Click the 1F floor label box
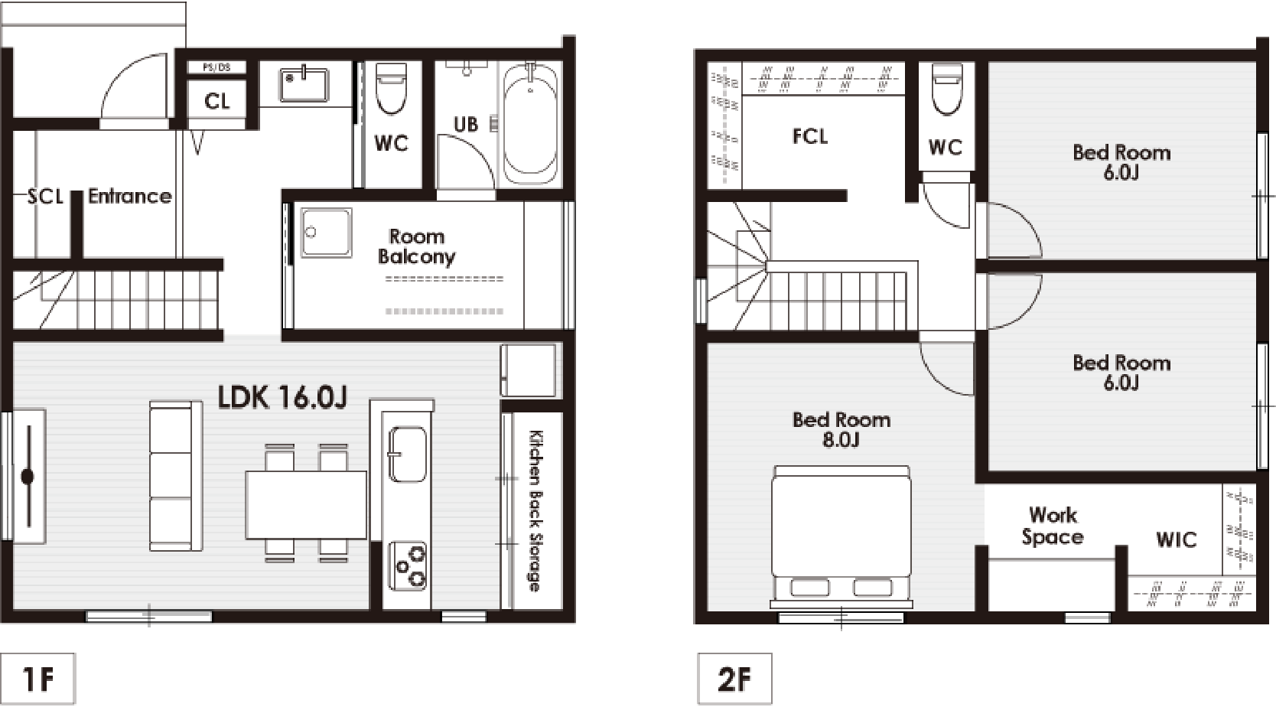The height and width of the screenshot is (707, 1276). pyautogui.click(x=37, y=679)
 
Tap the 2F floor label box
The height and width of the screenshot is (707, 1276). pyautogui.click(x=735, y=679)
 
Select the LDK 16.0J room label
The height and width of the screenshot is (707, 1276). pyautogui.click(x=282, y=397)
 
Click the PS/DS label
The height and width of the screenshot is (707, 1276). pyautogui.click(x=216, y=67)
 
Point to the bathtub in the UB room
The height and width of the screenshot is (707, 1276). pyautogui.click(x=530, y=124)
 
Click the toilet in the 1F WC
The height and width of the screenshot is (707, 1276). pyautogui.click(x=392, y=88)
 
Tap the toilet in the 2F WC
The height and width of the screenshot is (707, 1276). pyautogui.click(x=947, y=88)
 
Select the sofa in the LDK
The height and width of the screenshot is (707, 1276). pyautogui.click(x=175, y=476)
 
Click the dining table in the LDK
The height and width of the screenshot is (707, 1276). pyautogui.click(x=307, y=504)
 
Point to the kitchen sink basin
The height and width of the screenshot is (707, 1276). pyautogui.click(x=407, y=454)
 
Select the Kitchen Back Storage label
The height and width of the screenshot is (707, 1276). pyautogui.click(x=535, y=510)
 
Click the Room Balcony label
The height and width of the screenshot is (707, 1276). pyautogui.click(x=416, y=246)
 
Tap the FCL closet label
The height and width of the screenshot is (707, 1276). pyautogui.click(x=809, y=136)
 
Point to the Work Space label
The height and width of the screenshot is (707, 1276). pyautogui.click(x=1053, y=526)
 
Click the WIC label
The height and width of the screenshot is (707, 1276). pyautogui.click(x=1177, y=539)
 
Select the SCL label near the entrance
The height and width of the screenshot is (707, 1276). pyautogui.click(x=45, y=197)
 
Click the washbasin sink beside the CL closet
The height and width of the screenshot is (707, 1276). pyautogui.click(x=304, y=85)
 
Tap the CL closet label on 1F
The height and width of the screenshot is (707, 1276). pyautogui.click(x=216, y=102)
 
